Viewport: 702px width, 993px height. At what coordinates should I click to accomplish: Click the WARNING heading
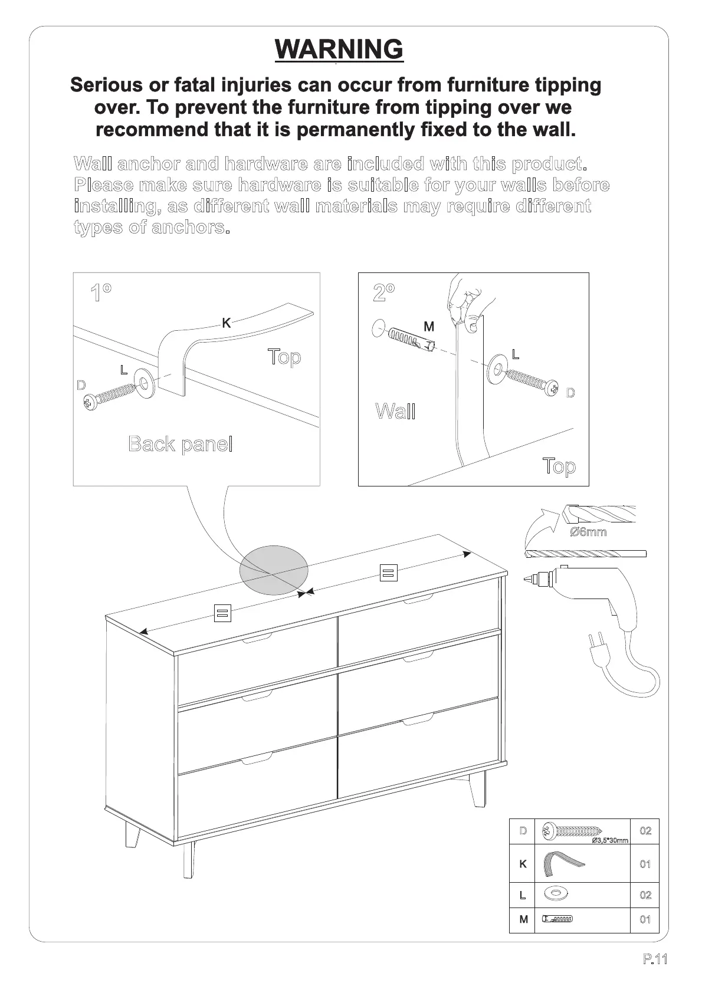tap(339, 50)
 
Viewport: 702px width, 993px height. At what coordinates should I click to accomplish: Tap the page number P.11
tap(655, 959)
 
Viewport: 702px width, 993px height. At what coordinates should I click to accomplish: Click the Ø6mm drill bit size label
tap(588, 532)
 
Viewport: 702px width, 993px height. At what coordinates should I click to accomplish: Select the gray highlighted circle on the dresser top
tap(274, 570)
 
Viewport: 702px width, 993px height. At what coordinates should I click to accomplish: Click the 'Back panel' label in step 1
tap(180, 444)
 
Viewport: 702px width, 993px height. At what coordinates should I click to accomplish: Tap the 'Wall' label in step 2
tap(395, 411)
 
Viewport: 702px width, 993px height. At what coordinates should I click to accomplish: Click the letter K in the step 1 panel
tap(226, 323)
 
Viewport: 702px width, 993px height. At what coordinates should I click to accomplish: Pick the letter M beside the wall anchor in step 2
tap(429, 326)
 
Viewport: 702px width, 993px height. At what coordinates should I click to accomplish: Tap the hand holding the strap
tap(465, 301)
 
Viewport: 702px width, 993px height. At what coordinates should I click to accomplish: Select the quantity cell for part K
tap(645, 864)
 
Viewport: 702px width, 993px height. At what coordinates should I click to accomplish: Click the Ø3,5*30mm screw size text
tap(609, 840)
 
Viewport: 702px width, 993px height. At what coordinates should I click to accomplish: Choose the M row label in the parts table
tap(523, 919)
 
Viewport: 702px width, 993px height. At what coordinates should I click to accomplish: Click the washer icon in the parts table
tap(555, 894)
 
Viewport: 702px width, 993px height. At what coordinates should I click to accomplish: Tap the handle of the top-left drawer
tap(257, 638)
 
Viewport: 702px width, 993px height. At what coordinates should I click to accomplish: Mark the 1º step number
tap(101, 292)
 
